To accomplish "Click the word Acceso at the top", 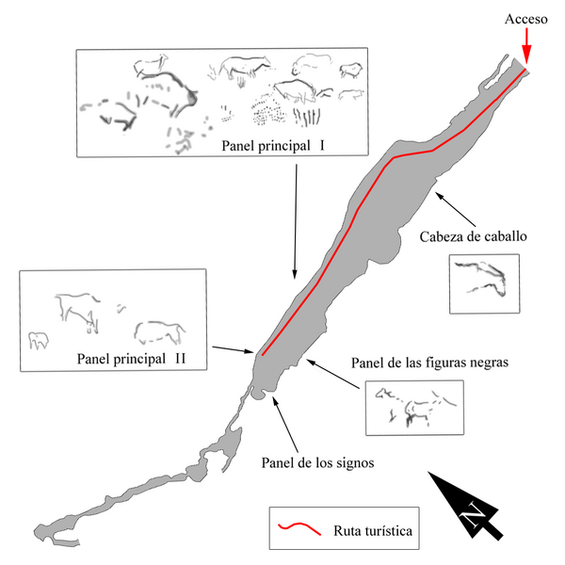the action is [x=525, y=19].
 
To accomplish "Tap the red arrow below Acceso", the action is [x=526, y=47].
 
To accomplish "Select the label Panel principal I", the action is [x=273, y=146].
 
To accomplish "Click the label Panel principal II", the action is [x=131, y=359].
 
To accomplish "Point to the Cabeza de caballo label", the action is [x=473, y=236].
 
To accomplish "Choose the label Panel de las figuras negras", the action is [x=429, y=363].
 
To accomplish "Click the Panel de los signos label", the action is [x=317, y=462].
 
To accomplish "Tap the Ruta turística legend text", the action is [x=373, y=531].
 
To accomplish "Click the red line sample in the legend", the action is [x=299, y=528].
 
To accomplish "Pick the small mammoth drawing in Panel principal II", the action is [x=39, y=340].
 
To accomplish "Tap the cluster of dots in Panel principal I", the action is [x=268, y=109].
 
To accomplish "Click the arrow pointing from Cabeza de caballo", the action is [x=456, y=209].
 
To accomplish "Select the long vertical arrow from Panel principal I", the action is [x=296, y=221].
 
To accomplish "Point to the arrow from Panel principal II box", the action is [x=234, y=349].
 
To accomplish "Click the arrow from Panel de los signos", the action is [x=285, y=425].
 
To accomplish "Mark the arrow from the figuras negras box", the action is [x=333, y=374].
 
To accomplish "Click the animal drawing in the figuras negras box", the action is [x=415, y=407].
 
